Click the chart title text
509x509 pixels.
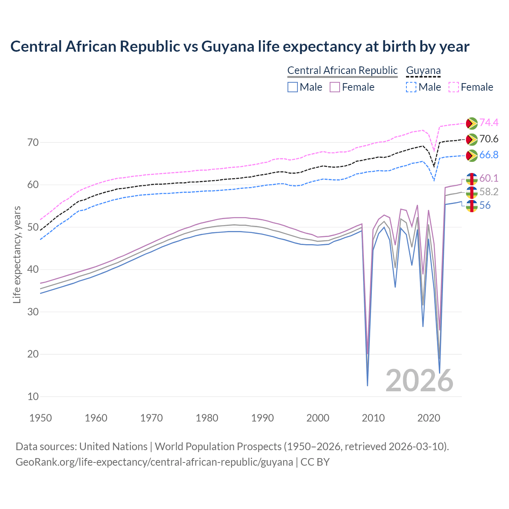pyautogui.click(x=240, y=47)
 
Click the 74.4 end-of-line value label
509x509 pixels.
pyautogui.click(x=489, y=123)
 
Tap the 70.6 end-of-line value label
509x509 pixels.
pyautogui.click(x=489, y=139)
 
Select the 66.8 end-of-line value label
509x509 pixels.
pyautogui.click(x=489, y=155)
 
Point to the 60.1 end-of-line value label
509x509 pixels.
pyautogui.click(x=489, y=179)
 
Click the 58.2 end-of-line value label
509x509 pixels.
pyautogui.click(x=489, y=192)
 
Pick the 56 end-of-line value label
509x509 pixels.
pyautogui.click(x=485, y=206)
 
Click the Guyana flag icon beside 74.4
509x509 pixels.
pyautogui.click(x=472, y=123)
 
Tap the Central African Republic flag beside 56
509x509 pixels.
pyautogui.click(x=472, y=206)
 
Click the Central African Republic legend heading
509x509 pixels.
pyautogui.click(x=342, y=71)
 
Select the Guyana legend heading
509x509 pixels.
pyautogui.click(x=423, y=71)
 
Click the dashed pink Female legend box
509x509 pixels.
pyautogui.click(x=454, y=87)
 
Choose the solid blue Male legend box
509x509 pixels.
pyautogui.click(x=293, y=87)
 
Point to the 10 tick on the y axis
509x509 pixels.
pyautogui.click(x=33, y=396)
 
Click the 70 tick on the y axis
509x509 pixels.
pyautogui.click(x=33, y=142)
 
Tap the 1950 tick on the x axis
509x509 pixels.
pyautogui.click(x=41, y=418)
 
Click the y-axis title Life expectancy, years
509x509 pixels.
pyautogui.click(x=17, y=254)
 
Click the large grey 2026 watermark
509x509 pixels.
pyautogui.click(x=420, y=381)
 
